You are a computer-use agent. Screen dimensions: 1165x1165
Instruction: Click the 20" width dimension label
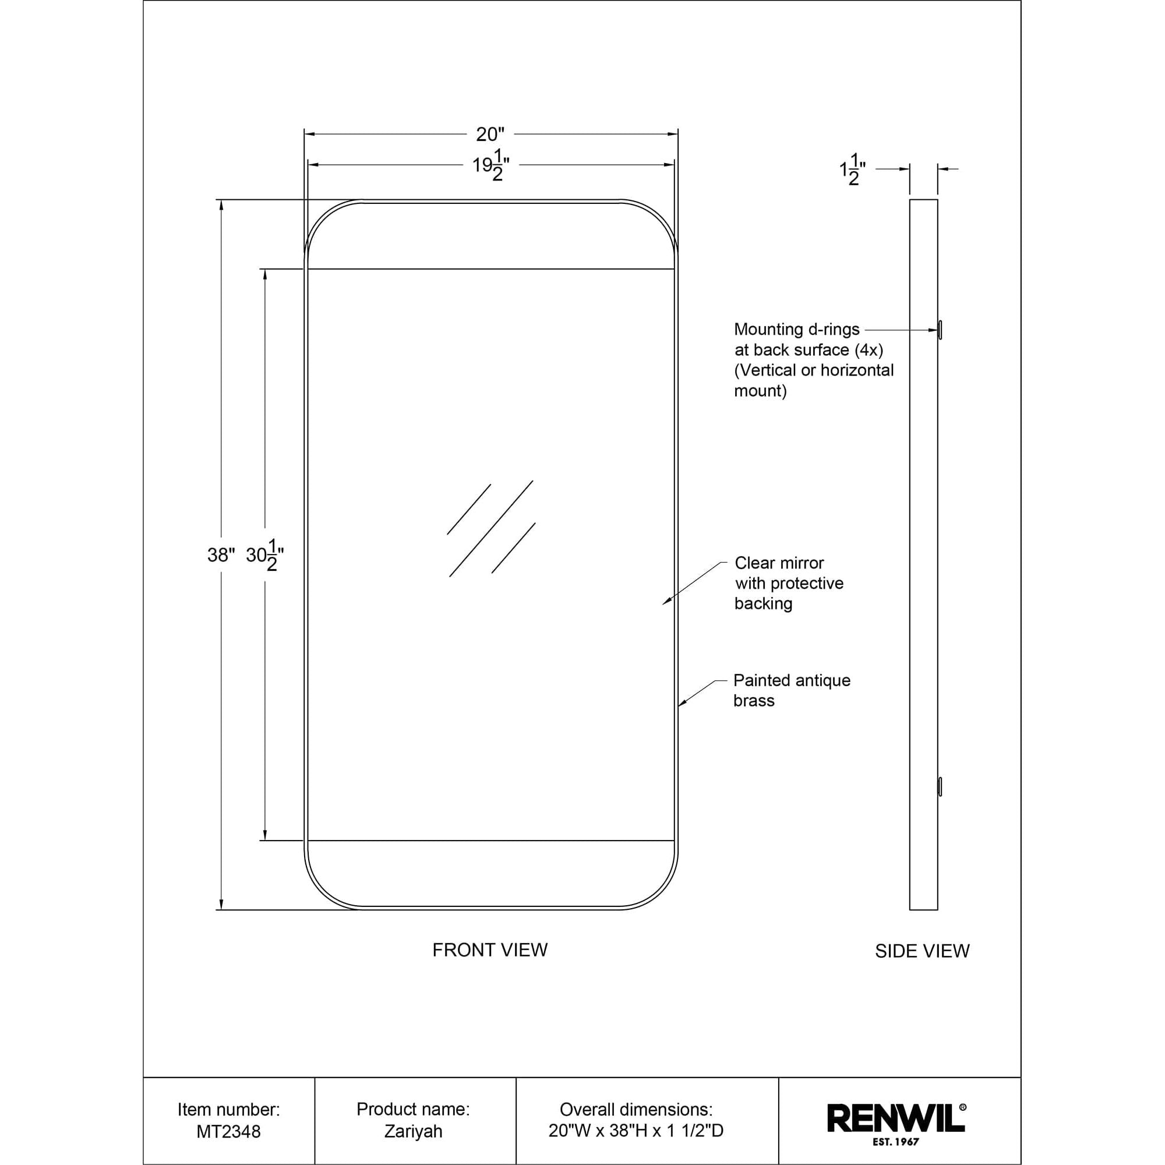[x=490, y=134]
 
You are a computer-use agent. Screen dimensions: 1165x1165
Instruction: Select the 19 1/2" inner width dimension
[x=491, y=165]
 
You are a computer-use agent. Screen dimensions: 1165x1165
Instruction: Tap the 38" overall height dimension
[x=221, y=555]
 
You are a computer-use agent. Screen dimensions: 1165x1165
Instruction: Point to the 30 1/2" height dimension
[x=264, y=555]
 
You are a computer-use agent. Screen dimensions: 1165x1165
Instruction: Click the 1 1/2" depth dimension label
[x=853, y=170]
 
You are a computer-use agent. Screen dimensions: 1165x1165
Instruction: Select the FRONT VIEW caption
[x=490, y=950]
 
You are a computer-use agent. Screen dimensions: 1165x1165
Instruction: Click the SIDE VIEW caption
[x=922, y=952]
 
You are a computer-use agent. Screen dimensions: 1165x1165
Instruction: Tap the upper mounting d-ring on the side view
[x=940, y=330]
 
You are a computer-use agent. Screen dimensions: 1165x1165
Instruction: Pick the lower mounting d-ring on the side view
[x=940, y=787]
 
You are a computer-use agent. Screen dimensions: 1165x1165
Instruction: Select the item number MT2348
[x=228, y=1132]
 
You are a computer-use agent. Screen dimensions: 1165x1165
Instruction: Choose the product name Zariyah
[x=413, y=1132]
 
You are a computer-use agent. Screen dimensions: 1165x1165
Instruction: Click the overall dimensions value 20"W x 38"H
[x=636, y=1131]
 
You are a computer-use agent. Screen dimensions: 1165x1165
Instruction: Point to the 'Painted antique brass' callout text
[x=792, y=690]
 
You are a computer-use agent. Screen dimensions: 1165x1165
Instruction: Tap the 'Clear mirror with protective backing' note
[x=789, y=583]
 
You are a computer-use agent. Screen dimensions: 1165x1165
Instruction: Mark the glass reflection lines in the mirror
[x=492, y=529]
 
